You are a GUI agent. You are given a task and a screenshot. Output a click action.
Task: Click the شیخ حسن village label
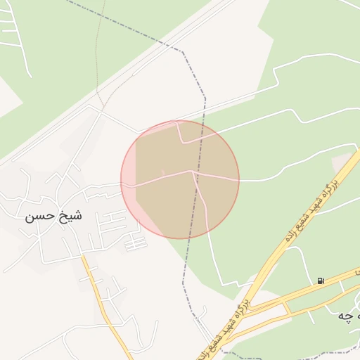tap(54, 216)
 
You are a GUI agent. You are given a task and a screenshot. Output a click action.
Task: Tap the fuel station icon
tap(321, 281)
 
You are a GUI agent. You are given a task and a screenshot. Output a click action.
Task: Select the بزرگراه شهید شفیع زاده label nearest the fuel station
tap(309, 210)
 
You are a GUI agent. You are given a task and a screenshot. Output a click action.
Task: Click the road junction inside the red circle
tap(192, 171)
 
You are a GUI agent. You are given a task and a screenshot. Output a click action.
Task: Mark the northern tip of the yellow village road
tap(82, 257)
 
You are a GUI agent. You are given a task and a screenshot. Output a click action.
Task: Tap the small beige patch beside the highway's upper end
tap(342, 162)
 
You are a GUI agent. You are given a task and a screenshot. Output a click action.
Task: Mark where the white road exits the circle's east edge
tap(239, 180)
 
